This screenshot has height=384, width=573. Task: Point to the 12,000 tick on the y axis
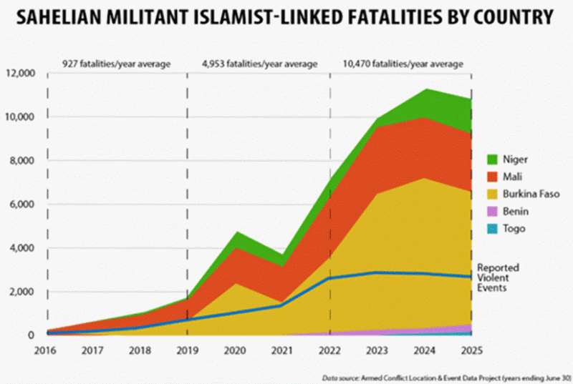coord(21,73)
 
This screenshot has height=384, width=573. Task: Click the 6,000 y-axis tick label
coord(23,205)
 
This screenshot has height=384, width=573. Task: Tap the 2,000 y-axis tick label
coord(23,292)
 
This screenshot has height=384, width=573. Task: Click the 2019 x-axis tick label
coord(188,350)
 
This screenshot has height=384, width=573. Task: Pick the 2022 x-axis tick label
coord(329,350)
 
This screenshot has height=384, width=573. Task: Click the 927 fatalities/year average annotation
coord(116,64)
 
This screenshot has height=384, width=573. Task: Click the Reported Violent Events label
coord(499,277)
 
